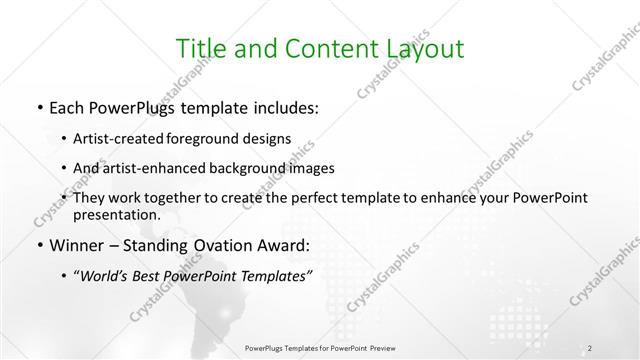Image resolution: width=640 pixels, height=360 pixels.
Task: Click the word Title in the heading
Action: pos(200,49)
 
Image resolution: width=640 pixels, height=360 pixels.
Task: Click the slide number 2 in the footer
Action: pos(591,348)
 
